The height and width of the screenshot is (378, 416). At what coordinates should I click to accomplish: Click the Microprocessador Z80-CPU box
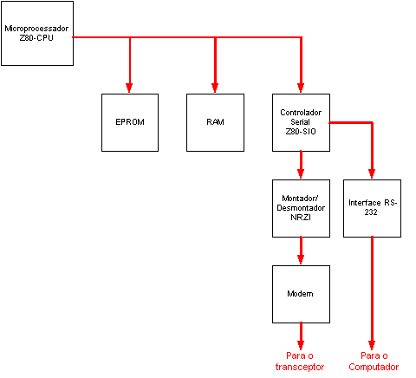[37, 33]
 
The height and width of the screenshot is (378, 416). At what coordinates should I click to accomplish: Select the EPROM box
[130, 122]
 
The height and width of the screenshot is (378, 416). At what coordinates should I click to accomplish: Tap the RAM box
[215, 122]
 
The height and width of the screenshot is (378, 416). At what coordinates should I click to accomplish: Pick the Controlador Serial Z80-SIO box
[301, 122]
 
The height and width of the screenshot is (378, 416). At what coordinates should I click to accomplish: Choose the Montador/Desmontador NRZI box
[301, 208]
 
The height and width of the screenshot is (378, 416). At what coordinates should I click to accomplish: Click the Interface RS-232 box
[372, 208]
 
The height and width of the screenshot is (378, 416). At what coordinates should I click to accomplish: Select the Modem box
[301, 294]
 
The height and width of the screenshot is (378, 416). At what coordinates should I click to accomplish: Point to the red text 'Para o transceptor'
[300, 362]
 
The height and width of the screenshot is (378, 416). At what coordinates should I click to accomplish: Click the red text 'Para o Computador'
[374, 362]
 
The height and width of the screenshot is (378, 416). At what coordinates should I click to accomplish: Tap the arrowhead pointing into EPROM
[129, 88]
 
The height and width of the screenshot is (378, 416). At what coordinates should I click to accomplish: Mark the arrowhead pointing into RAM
[215, 88]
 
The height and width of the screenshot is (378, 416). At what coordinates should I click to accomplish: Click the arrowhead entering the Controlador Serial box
[301, 88]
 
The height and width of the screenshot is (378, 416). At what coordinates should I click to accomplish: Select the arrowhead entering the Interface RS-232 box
[372, 173]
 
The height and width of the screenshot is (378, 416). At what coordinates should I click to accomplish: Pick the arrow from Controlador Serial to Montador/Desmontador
[301, 165]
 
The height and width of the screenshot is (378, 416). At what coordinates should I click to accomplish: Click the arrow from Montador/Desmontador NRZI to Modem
[301, 251]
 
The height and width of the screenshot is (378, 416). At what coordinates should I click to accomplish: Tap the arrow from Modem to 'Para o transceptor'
[301, 336]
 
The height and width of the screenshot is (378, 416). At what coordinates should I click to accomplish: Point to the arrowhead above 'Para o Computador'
[372, 346]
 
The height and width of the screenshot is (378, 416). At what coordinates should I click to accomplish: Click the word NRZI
[301, 218]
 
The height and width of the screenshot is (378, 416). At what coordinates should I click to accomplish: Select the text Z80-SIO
[301, 132]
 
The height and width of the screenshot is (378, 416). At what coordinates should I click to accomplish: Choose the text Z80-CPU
[36, 38]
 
